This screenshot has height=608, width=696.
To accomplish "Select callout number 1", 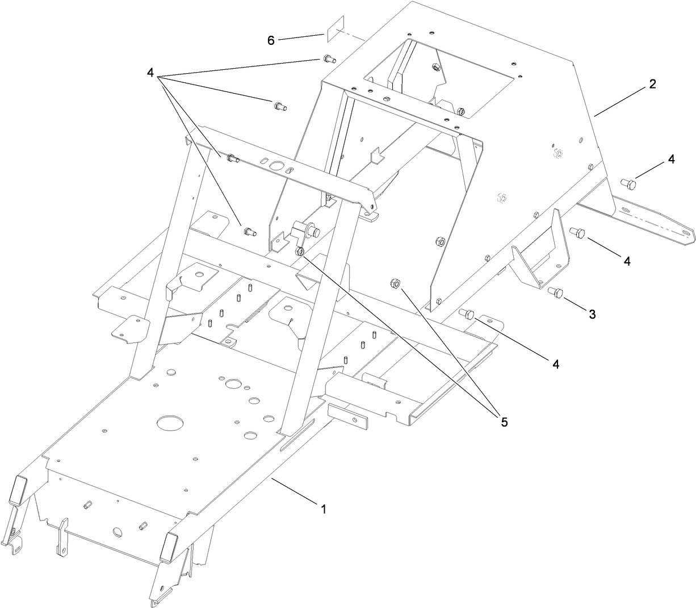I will [324, 509].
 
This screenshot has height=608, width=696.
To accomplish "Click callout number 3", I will [592, 314].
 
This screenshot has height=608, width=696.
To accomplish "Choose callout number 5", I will [503, 422].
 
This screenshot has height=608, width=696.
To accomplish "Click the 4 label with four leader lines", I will [150, 73].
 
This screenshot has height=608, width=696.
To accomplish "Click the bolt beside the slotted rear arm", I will [627, 183].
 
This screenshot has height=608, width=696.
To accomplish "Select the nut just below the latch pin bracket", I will [300, 251].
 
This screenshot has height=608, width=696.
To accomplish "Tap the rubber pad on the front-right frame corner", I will [169, 547].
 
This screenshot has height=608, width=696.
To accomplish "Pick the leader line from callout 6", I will [301, 37].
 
